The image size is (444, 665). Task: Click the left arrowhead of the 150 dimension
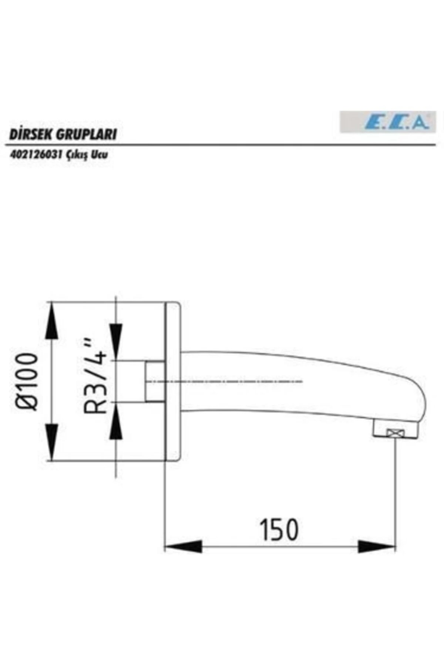point(184,546)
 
